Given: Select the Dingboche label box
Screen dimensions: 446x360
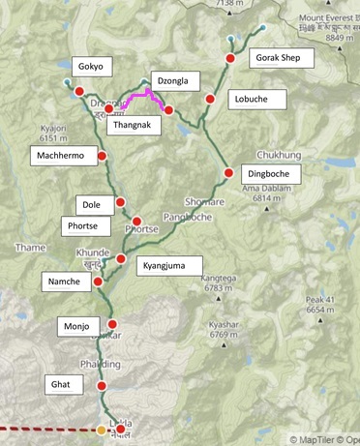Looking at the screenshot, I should coord(273,175).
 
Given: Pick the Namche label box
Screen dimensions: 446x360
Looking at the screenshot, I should coord(66,282).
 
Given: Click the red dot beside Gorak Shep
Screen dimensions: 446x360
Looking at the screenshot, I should coord(230,59).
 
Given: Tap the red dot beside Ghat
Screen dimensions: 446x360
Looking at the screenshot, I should coord(102,386).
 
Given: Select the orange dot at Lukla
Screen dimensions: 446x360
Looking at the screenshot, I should coord(103,429).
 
